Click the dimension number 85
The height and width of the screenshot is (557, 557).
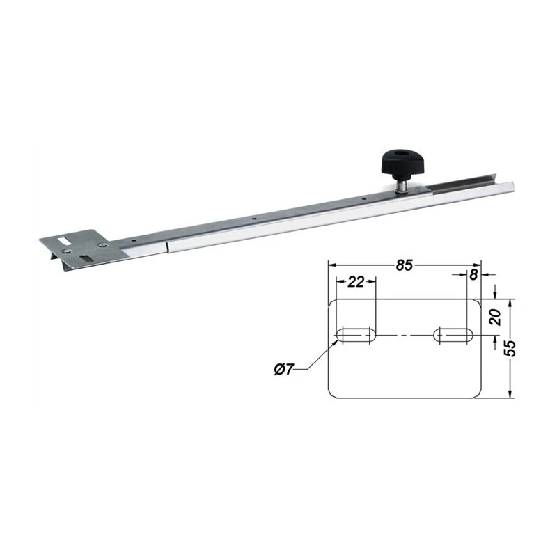click(405, 265)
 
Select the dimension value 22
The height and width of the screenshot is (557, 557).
click(356, 282)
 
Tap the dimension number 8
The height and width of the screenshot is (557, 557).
click(473, 275)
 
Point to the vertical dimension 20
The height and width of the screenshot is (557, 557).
click(496, 317)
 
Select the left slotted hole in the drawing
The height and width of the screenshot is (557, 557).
click(356, 336)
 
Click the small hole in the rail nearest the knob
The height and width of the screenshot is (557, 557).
click(364, 198)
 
